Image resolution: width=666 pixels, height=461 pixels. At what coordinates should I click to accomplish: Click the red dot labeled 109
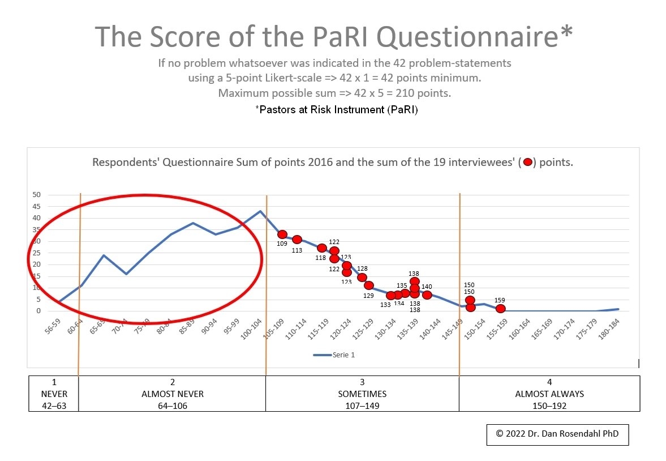pos(282,234)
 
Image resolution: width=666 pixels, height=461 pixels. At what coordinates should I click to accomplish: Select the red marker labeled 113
pos(297,240)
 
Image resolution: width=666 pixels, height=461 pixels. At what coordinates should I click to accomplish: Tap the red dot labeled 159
pos(500,309)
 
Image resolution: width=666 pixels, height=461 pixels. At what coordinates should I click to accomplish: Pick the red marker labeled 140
pos(427,295)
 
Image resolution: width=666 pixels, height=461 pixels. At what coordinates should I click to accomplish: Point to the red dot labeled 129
pos(369,285)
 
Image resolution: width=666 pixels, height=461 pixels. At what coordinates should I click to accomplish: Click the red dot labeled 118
pos(322,248)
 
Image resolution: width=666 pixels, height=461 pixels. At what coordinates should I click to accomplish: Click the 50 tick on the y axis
pos(37,195)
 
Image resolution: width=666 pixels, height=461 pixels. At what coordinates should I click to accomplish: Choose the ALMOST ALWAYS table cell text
pos(549,394)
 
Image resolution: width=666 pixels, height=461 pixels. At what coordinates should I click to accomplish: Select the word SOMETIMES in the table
pos(362,394)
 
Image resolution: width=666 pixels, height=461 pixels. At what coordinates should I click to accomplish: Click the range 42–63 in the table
pos(54,405)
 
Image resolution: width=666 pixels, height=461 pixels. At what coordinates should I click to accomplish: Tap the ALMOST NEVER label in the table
pos(173,394)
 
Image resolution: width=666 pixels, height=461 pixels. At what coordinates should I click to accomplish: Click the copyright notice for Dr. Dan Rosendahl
pos(557,433)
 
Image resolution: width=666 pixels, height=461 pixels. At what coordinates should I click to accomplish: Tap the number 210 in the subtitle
pos(406,93)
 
